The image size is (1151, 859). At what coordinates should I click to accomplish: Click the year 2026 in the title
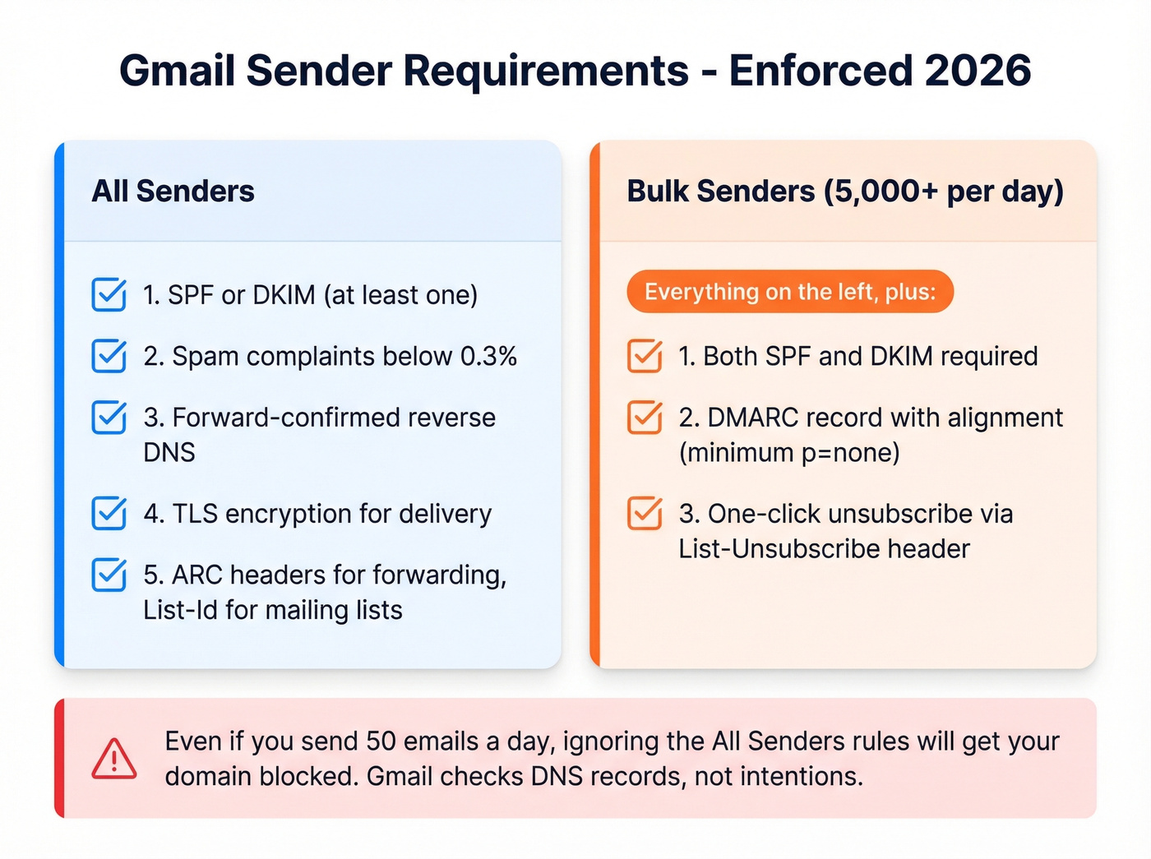pos(978,71)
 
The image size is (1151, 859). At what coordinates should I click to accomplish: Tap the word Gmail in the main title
pos(177,71)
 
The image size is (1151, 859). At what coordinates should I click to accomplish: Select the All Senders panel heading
pos(173,192)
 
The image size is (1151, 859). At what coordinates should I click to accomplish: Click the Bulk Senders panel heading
pos(844,192)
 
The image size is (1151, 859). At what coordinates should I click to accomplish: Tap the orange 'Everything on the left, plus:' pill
pos(789,292)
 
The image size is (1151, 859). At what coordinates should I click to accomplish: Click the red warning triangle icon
pos(114,759)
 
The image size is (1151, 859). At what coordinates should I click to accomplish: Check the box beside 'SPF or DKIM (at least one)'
pos(109,295)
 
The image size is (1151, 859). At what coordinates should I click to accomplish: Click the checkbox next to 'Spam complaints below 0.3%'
pos(109,356)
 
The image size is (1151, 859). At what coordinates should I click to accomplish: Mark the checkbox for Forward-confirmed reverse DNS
pos(109,418)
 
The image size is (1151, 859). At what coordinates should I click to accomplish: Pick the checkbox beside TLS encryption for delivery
pos(109,514)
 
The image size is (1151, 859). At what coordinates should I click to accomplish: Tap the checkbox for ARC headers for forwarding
pos(109,575)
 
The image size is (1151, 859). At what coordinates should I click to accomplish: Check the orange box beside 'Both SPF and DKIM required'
pos(645,356)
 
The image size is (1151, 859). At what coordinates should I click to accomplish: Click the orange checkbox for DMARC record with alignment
pos(645,418)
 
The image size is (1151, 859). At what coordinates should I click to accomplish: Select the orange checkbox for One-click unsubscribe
pos(645,514)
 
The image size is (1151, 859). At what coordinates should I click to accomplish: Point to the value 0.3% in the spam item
pos(488,357)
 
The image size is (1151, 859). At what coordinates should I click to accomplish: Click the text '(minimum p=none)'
pos(789,453)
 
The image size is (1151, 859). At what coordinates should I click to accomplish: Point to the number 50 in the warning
pos(381,741)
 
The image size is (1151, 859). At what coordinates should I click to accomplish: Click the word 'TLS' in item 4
pos(195,515)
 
